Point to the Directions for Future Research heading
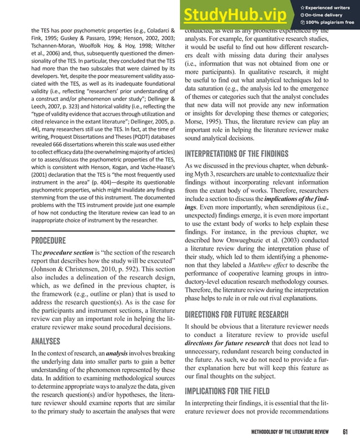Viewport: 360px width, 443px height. point(238,314)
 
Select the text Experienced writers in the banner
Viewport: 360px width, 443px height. point(329,6)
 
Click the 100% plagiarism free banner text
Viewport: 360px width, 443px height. point(328,23)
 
